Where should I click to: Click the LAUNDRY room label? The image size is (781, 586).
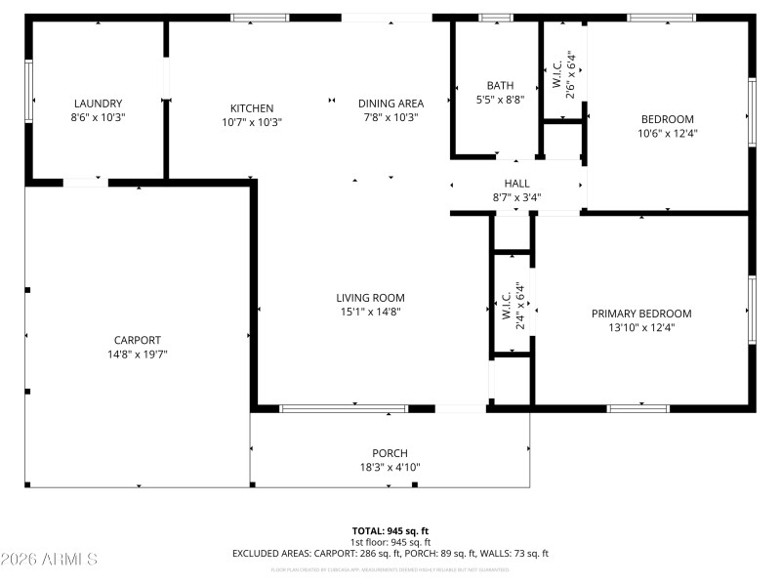coord(98,104)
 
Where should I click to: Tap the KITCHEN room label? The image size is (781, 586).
coord(252,108)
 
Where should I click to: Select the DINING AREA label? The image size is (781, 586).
coord(390,104)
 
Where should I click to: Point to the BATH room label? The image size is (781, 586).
coord(500,85)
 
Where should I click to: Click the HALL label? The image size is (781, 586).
coord(516,184)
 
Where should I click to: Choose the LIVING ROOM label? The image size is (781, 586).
coord(370,298)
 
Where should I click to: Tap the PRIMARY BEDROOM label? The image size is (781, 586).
coord(641,314)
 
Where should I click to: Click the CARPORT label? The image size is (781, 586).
coord(137,340)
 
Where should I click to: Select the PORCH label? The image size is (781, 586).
coord(390,453)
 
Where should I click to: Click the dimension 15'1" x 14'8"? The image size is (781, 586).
coord(370,313)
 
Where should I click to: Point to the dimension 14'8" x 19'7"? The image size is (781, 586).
coord(137,355)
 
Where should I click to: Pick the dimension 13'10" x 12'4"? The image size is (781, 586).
coord(641,328)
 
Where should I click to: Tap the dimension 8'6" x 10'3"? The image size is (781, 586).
coord(98,117)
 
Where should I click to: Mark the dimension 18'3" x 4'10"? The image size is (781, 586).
coord(390,467)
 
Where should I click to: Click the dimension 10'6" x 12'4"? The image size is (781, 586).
coord(667,133)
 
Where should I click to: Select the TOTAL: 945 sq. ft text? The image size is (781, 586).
coord(390,530)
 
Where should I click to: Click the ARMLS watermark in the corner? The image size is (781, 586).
coord(49,560)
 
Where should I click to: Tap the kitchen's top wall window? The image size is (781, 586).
coord(260,18)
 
